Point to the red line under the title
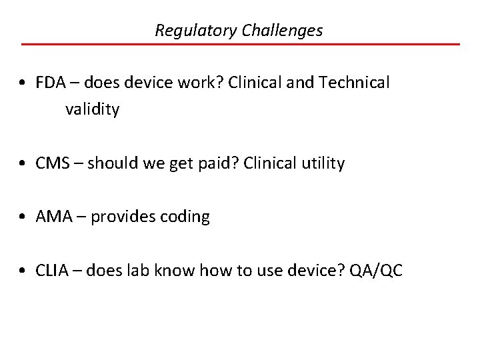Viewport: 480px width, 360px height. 240,44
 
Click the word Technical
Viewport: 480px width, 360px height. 355,83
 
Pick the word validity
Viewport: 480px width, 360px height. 92,109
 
